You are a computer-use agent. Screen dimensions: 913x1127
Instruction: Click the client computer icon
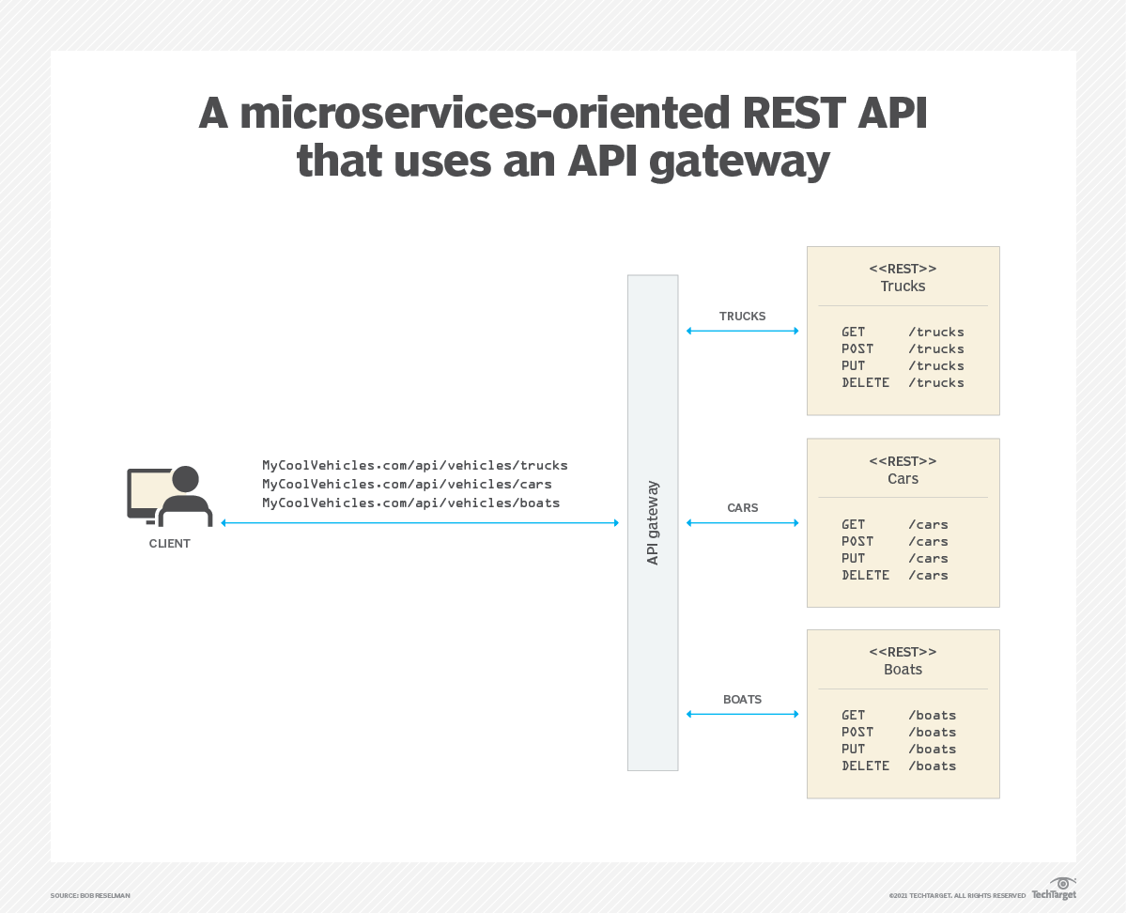pyautogui.click(x=169, y=496)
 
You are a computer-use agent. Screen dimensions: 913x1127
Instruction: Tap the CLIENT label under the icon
pyautogui.click(x=169, y=544)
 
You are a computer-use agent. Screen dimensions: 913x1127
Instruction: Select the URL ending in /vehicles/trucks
pyautogui.click(x=414, y=465)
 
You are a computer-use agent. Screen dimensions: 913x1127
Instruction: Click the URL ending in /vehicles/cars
pyautogui.click(x=407, y=484)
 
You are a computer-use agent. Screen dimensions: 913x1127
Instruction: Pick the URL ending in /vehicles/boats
pyautogui.click(x=410, y=503)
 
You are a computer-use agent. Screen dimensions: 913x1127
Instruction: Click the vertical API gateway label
pyautogui.click(x=653, y=523)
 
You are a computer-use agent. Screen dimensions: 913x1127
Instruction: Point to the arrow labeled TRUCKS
pyautogui.click(x=742, y=331)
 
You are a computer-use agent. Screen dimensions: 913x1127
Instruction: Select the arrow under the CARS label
pyautogui.click(x=742, y=523)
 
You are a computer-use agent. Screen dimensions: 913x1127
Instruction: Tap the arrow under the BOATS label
pyautogui.click(x=742, y=714)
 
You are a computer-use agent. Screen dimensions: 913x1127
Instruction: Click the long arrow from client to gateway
pyautogui.click(x=419, y=523)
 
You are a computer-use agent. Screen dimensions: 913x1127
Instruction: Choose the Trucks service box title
pyautogui.click(x=903, y=286)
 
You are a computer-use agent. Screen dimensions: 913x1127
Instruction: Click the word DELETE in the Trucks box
pyautogui.click(x=865, y=382)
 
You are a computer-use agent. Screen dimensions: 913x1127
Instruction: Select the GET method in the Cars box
pyautogui.click(x=853, y=524)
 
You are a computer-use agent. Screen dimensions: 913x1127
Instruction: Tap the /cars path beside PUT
pyautogui.click(x=928, y=558)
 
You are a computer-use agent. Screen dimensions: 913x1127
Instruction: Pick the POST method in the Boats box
pyautogui.click(x=857, y=732)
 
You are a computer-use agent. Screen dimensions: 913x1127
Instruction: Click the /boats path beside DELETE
pyautogui.click(x=932, y=766)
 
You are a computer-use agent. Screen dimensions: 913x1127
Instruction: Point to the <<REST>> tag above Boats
pyautogui.click(x=903, y=651)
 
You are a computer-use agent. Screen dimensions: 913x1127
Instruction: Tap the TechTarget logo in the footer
pyautogui.click(x=1054, y=889)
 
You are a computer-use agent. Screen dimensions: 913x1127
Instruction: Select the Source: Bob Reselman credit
pyautogui.click(x=90, y=895)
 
